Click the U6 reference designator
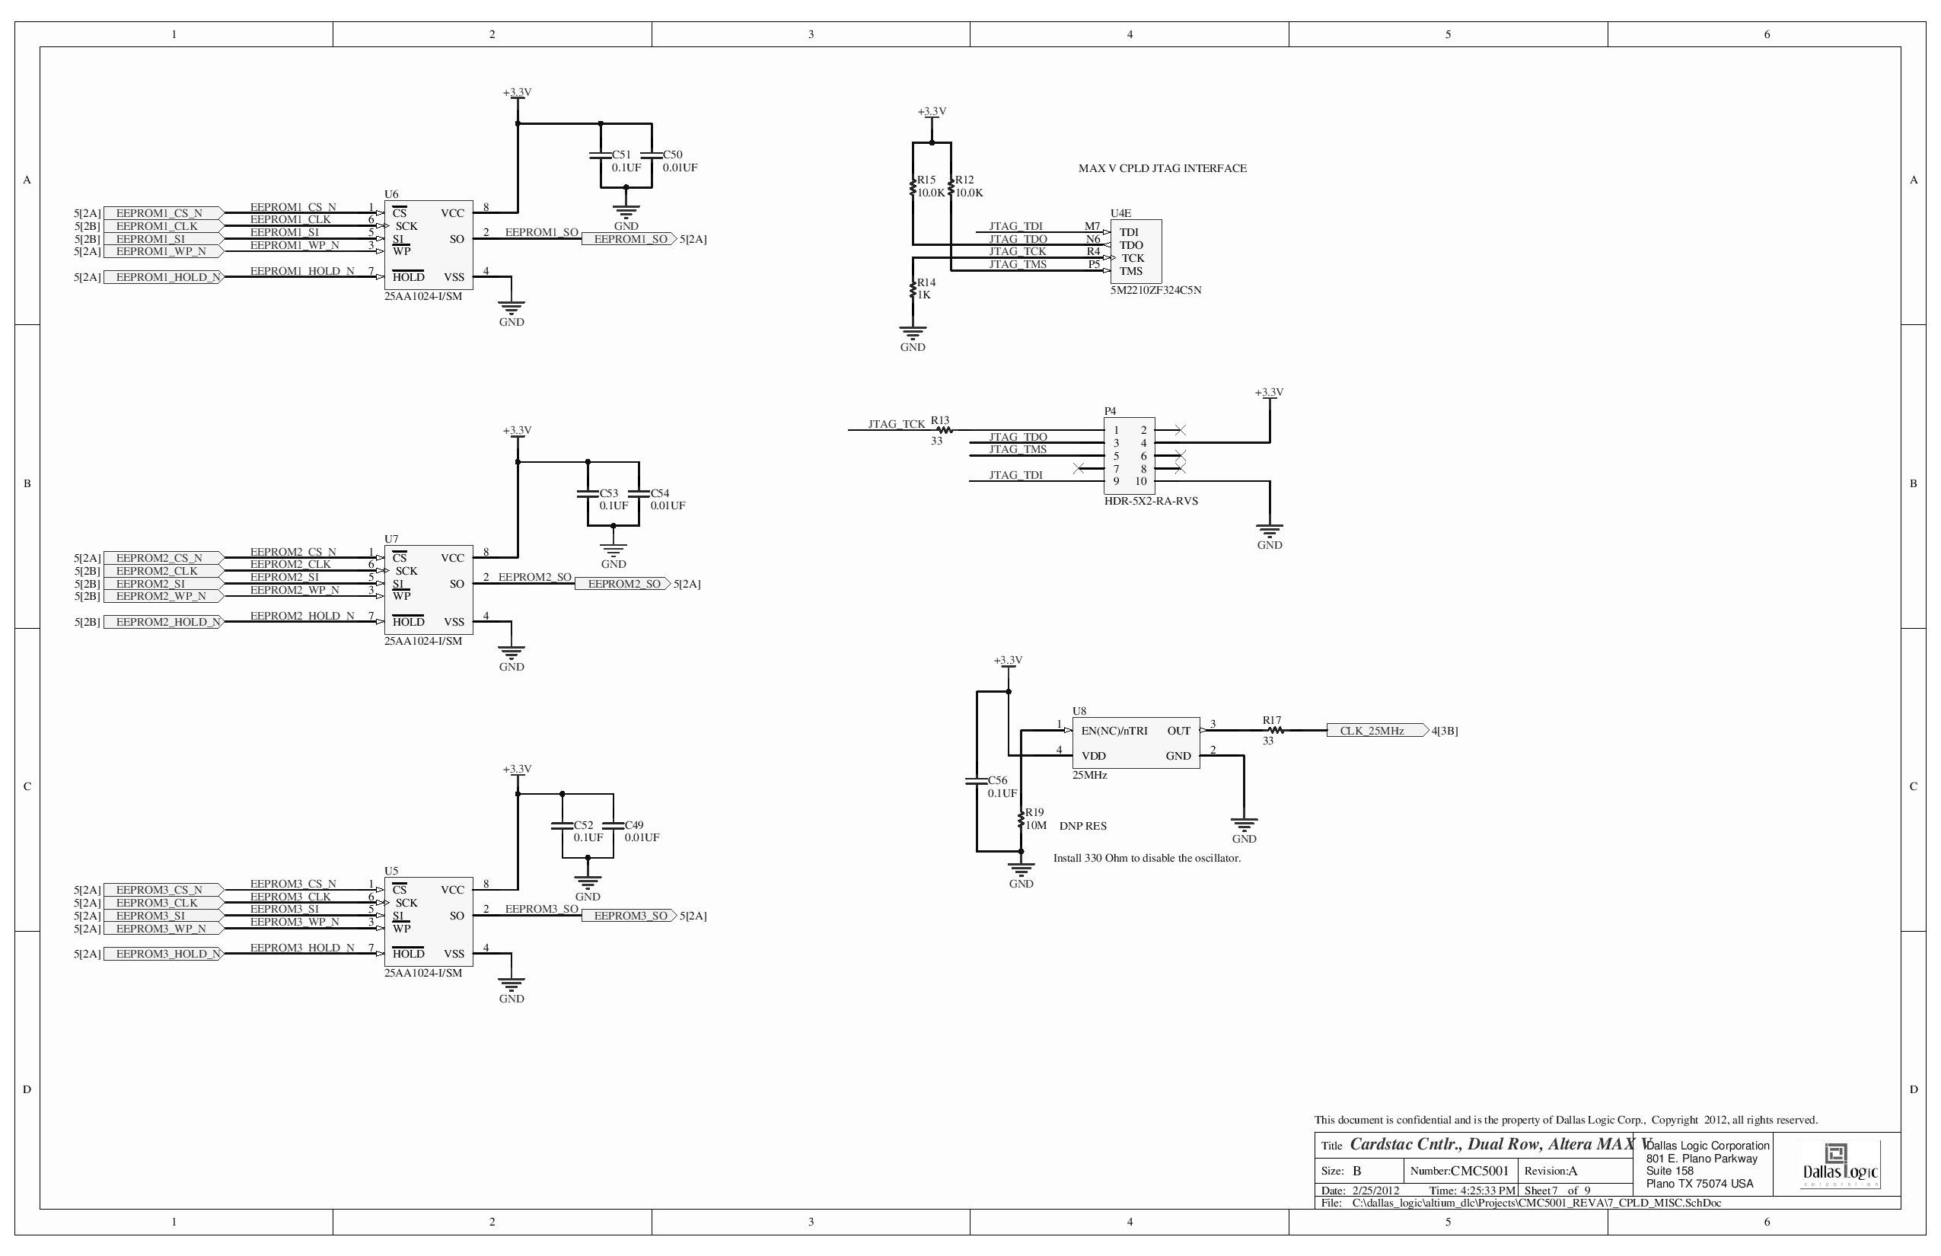pos(391,194)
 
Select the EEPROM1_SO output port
pos(626,239)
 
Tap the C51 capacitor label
pos(621,154)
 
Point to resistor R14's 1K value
pos(924,295)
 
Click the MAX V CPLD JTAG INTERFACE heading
pos(1162,168)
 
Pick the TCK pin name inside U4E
pos(1133,258)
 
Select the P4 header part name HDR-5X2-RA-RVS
pos(1151,501)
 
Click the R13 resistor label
pos(940,421)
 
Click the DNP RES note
pos(1083,826)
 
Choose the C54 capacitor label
pos(660,493)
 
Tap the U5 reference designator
pos(391,871)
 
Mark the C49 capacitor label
pos(633,825)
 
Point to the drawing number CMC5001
pos(1480,1172)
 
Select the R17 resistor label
pos(1271,720)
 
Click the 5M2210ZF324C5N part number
pos(1155,290)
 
